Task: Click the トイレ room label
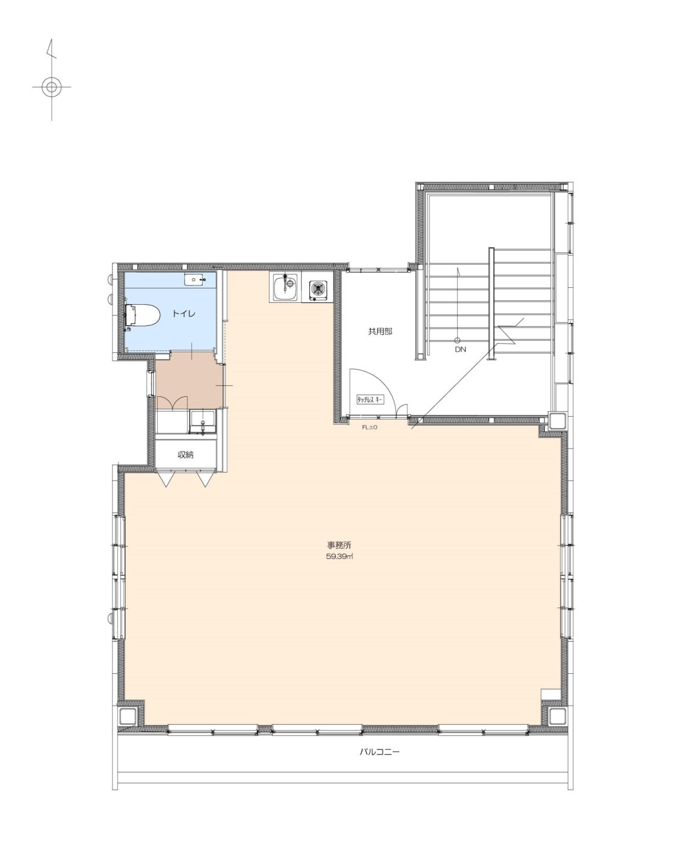[183, 314]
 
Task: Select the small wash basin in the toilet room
[194, 280]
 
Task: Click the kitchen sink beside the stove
[285, 287]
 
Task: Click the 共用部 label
[380, 331]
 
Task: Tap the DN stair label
[460, 349]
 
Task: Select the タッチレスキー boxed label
[370, 400]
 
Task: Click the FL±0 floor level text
[369, 427]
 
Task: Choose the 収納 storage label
[185, 455]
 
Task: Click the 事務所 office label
[339, 545]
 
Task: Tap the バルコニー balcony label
[379, 753]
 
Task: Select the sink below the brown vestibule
[203, 421]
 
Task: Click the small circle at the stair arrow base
[457, 340]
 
